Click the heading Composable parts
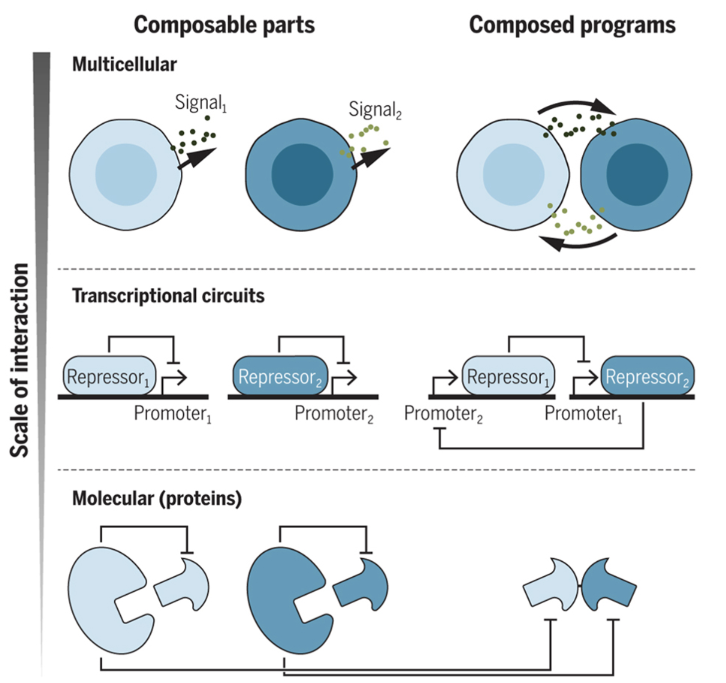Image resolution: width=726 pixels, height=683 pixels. point(224,25)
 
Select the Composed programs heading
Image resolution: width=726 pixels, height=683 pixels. point(572,25)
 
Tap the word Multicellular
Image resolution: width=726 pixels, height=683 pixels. point(124,64)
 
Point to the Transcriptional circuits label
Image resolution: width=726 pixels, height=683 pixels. point(168,296)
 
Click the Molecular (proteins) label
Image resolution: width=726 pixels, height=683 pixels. point(157,498)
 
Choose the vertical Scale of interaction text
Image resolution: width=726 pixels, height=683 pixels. point(20,359)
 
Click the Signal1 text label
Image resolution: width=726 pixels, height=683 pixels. point(200,102)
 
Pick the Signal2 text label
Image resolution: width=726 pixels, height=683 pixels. point(374,109)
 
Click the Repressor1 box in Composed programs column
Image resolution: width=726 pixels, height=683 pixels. point(508,376)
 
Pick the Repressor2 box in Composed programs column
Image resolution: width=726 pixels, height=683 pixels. point(647,376)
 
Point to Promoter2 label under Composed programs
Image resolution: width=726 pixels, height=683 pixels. point(443,414)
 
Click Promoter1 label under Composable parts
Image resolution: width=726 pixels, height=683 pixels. point(173,414)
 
